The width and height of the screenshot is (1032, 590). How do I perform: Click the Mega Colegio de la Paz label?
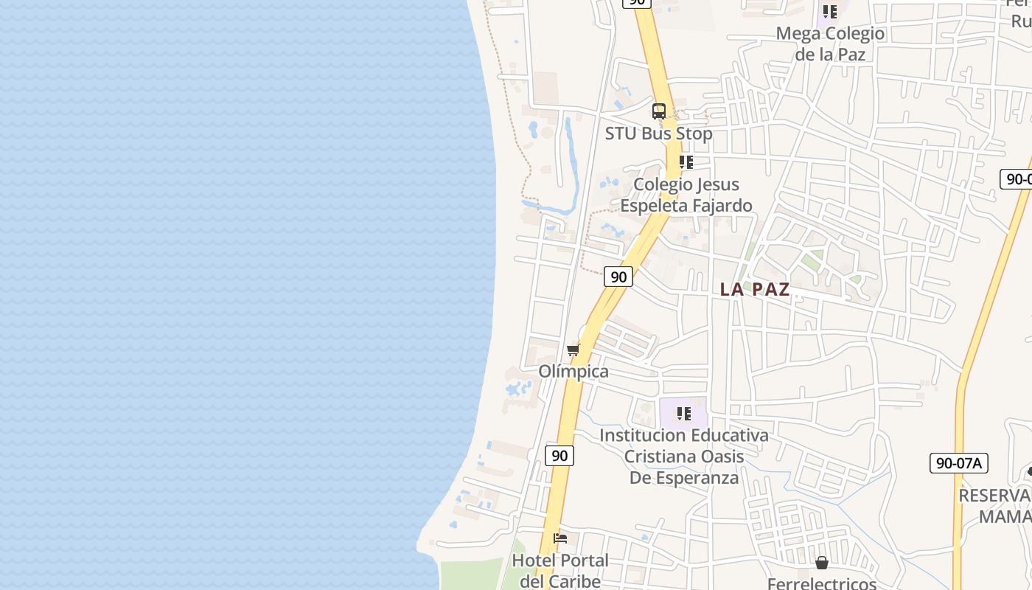[x=830, y=44]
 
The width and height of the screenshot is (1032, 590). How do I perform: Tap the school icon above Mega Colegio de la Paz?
[x=830, y=12]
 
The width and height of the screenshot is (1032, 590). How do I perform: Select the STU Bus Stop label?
[x=658, y=133]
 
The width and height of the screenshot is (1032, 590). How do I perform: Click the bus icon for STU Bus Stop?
[x=659, y=111]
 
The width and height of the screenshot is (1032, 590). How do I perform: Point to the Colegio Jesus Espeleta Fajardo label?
[x=686, y=195]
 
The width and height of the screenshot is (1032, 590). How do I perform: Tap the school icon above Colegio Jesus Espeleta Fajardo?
[x=686, y=162]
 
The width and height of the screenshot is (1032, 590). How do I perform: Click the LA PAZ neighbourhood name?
[x=755, y=289]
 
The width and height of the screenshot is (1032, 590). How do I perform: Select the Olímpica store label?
[x=573, y=371]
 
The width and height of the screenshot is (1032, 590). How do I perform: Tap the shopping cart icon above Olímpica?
[x=573, y=350]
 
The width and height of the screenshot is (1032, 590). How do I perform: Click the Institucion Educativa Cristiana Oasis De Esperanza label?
[x=683, y=457]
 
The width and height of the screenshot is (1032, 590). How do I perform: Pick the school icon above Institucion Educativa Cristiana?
[x=683, y=414]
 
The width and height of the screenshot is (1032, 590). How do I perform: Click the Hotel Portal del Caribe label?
[x=560, y=571]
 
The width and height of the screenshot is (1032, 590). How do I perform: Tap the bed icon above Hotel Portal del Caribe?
[x=560, y=538]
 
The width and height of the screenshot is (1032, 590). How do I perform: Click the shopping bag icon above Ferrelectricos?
[x=822, y=563]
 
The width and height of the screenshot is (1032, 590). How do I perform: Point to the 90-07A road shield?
[x=958, y=463]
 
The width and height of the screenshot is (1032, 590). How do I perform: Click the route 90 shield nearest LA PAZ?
[x=618, y=277]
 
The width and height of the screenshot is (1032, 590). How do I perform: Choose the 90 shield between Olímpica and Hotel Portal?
[x=559, y=456]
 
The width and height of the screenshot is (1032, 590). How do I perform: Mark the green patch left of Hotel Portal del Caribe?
[x=472, y=575]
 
